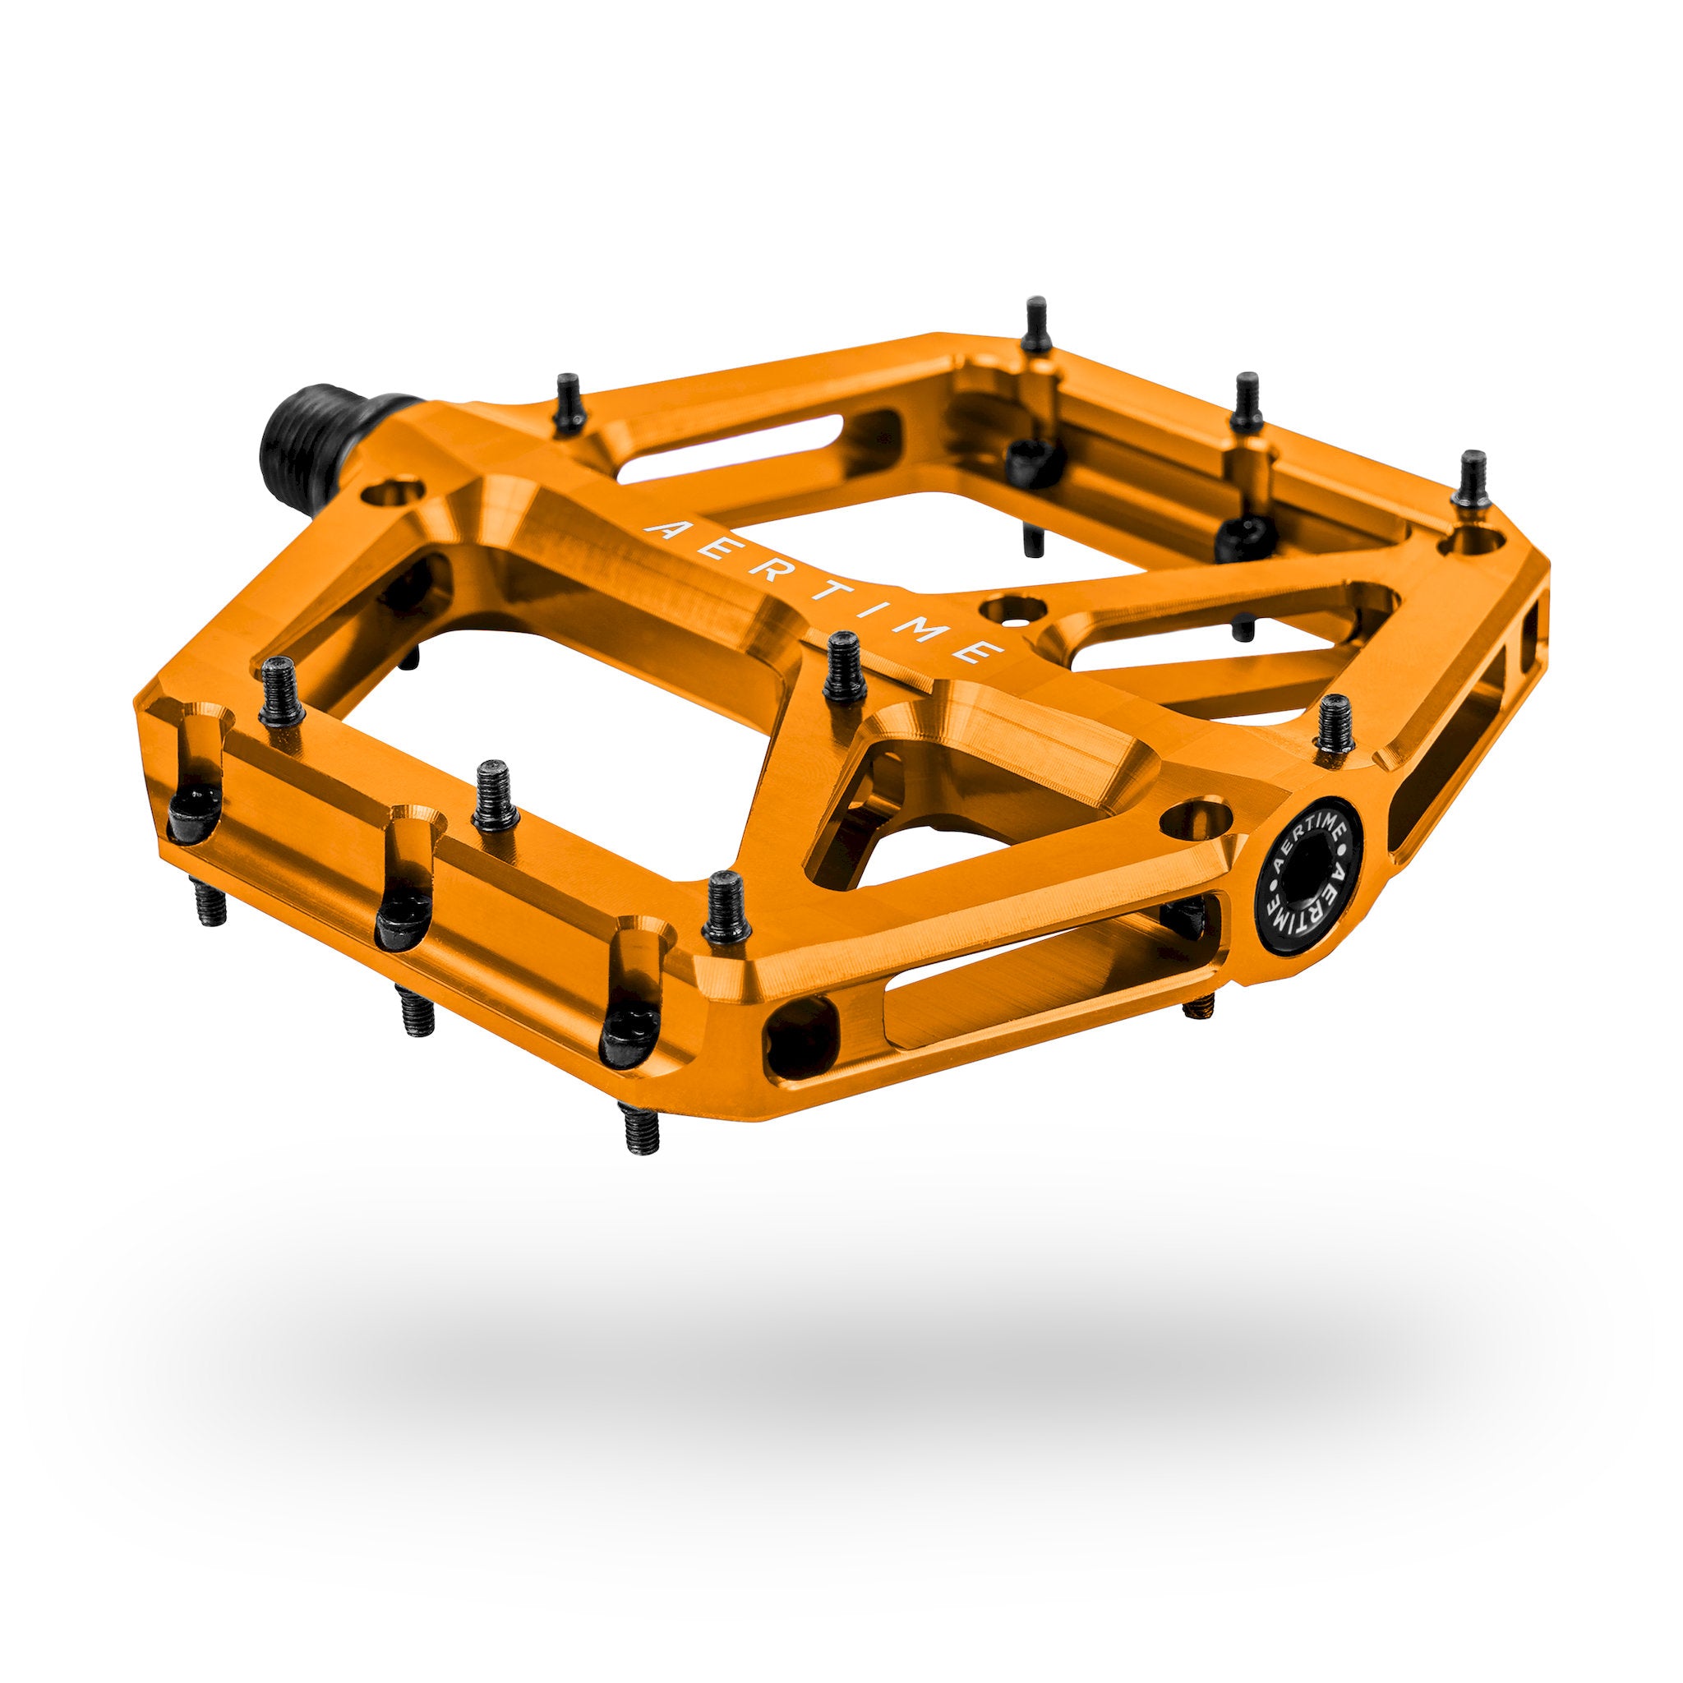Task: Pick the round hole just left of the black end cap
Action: (1199, 819)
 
